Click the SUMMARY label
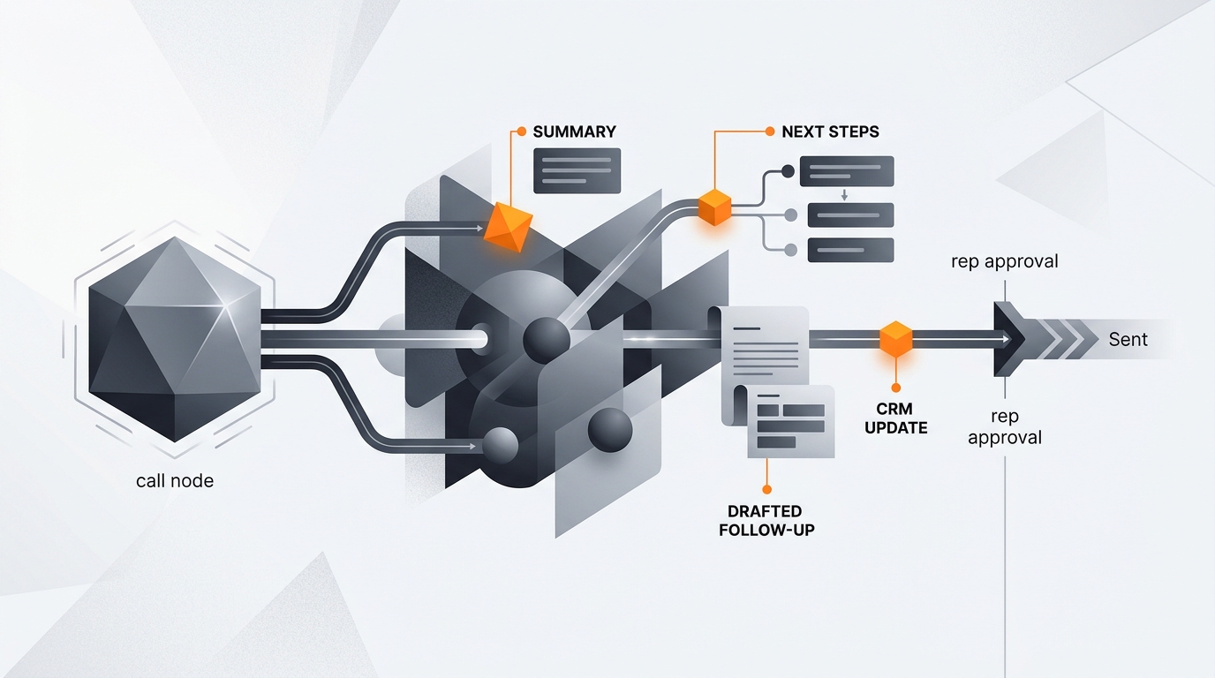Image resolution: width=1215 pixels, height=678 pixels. pos(575,132)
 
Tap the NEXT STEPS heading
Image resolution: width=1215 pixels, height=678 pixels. pos(830,132)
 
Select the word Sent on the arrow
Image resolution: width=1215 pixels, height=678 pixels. pos(1128,340)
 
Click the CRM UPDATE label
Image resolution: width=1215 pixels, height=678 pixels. pos(896,418)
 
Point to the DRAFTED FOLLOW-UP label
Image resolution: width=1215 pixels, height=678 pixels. pos(766,521)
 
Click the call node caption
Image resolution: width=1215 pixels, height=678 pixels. pos(175,480)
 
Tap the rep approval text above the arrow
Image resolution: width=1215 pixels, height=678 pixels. pos(1005,261)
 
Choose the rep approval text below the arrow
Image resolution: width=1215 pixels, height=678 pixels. pos(1005,427)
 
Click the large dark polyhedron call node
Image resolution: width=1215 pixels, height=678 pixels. pos(175,339)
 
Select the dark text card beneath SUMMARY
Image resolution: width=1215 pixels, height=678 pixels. pos(577,171)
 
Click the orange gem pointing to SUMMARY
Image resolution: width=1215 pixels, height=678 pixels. pos(508,227)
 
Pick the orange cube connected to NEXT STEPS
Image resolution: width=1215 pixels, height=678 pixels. pos(714,207)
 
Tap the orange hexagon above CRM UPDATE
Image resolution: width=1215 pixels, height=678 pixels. pos(896,339)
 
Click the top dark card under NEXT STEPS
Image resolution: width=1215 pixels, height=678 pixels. pos(848,171)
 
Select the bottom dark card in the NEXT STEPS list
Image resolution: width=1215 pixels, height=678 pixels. pos(851,250)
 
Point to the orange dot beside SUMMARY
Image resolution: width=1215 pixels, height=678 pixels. pos(522,132)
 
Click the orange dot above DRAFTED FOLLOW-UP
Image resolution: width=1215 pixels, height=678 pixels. pos(767,489)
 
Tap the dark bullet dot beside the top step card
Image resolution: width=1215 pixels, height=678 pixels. pos(789,171)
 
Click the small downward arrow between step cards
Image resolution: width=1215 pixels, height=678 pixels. pos(844,195)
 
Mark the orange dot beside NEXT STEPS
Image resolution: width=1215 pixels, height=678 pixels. pos(770,132)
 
